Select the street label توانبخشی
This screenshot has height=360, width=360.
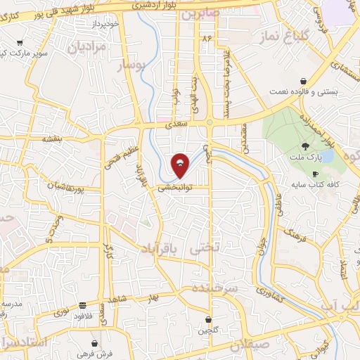tap(174, 188)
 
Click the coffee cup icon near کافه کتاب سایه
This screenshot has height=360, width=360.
tap(315, 174)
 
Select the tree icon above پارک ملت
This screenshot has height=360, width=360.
tap(304, 146)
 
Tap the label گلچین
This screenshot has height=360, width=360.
tap(210, 330)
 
